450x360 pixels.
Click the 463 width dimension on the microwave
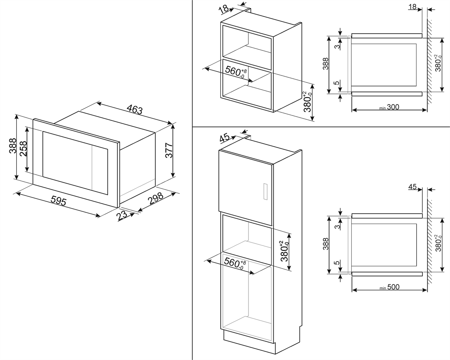135,110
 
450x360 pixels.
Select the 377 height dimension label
168,151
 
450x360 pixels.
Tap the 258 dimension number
23,149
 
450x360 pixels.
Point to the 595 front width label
59,201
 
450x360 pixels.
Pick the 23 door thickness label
122,216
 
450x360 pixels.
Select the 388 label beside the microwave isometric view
12,146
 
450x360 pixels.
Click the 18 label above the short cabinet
224,9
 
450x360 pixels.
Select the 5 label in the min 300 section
336,83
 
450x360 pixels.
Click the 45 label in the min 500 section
412,187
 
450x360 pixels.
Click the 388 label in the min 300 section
326,64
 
